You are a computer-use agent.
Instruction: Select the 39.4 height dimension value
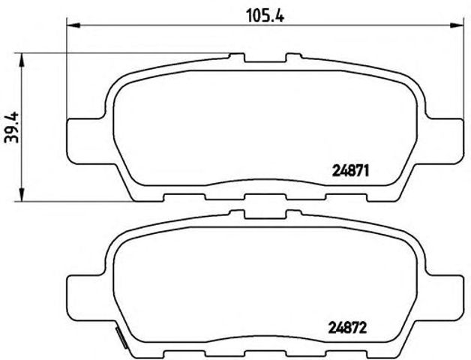10,127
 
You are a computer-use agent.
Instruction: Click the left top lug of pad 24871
237,58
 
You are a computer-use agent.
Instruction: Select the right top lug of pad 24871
292,58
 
